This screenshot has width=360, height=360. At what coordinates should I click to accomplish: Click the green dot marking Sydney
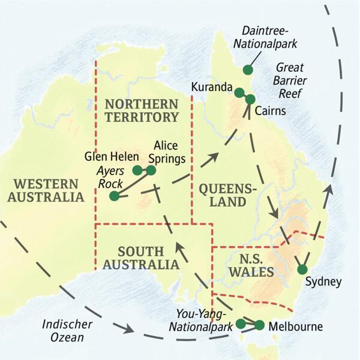point(302,269)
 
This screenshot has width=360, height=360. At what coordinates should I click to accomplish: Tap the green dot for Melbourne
point(259,325)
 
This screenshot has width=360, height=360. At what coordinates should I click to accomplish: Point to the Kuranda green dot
point(239,92)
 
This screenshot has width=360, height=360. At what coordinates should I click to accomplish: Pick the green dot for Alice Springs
point(151,170)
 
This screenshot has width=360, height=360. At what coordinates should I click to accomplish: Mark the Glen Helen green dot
point(137,170)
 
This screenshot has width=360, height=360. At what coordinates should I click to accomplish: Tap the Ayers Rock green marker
point(114,196)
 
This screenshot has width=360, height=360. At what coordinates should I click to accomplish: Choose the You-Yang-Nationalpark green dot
point(241,323)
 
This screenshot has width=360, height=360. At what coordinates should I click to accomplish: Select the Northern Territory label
point(141,110)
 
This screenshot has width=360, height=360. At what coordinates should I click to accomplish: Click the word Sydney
point(323,282)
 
